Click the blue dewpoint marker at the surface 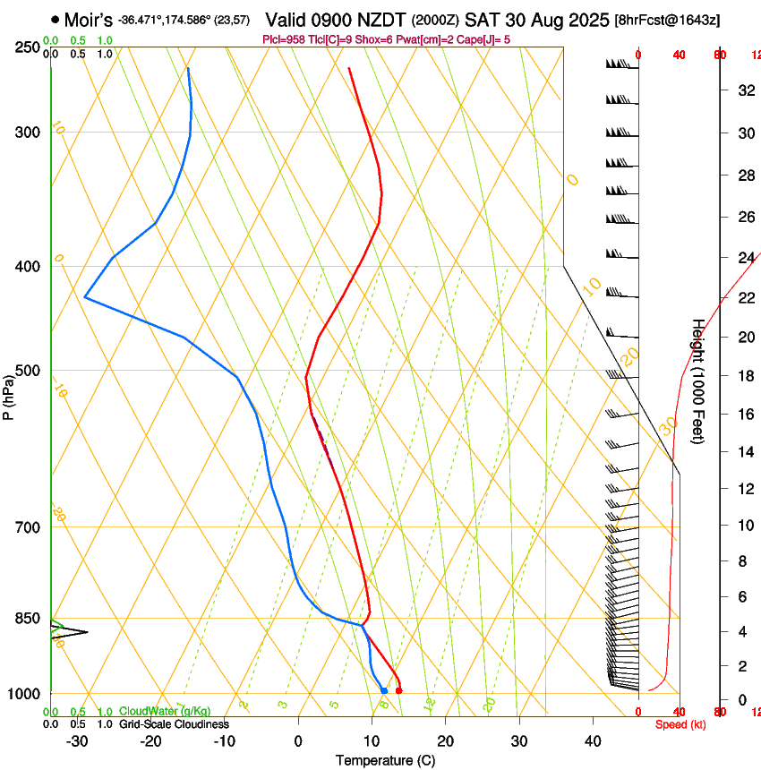(x=384, y=690)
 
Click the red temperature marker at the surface (x=398, y=690)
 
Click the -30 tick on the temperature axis (x=78, y=741)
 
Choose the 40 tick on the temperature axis (x=592, y=741)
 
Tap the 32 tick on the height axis (x=744, y=90)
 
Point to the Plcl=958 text (x=286, y=39)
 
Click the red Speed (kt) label (x=680, y=724)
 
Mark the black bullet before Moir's (x=56, y=18)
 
